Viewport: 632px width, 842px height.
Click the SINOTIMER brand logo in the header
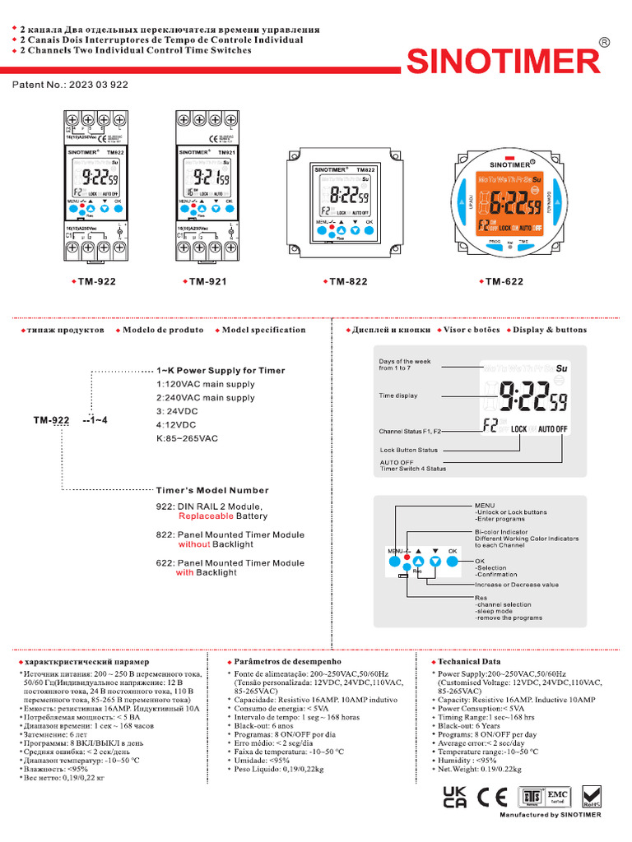click(505, 62)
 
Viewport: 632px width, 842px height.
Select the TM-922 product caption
click(94, 282)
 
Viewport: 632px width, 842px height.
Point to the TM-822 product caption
click(347, 282)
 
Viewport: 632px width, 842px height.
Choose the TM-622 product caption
click(504, 282)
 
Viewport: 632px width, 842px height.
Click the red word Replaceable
click(206, 516)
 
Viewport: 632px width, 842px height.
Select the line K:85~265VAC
click(187, 438)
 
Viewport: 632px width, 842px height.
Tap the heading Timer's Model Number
click(212, 490)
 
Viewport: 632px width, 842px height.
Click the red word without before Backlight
click(194, 544)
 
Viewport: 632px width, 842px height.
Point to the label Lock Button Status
click(409, 450)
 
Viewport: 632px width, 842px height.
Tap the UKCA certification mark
click(455, 798)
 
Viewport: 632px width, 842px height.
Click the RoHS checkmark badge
click(591, 797)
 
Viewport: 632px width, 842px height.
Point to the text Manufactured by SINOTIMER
click(550, 815)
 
